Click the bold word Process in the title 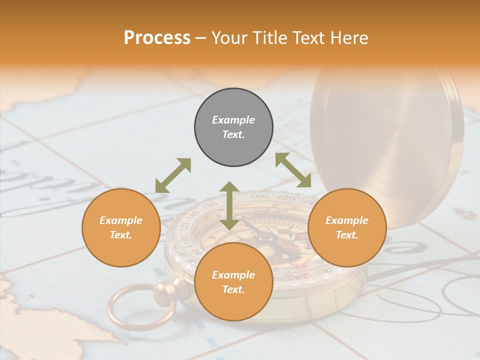157,38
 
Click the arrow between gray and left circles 173,175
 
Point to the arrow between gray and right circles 293,170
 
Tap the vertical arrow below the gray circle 229,205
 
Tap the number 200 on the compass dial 258,196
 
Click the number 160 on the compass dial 212,205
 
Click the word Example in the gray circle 233,120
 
